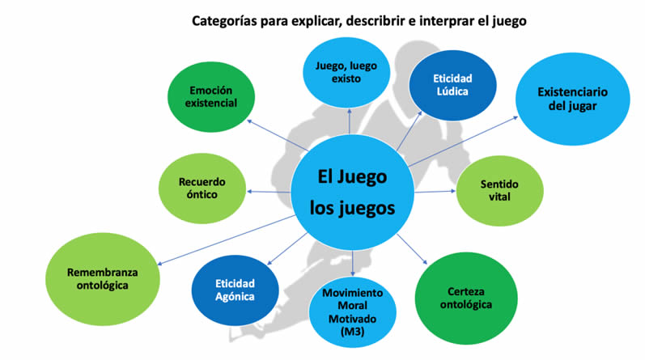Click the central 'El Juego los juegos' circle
[353, 192]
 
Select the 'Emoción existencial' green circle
[209, 96]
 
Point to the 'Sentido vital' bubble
[499, 190]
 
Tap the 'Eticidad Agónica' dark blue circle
[235, 290]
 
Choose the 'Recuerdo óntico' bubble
[202, 188]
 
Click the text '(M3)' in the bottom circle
[353, 332]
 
